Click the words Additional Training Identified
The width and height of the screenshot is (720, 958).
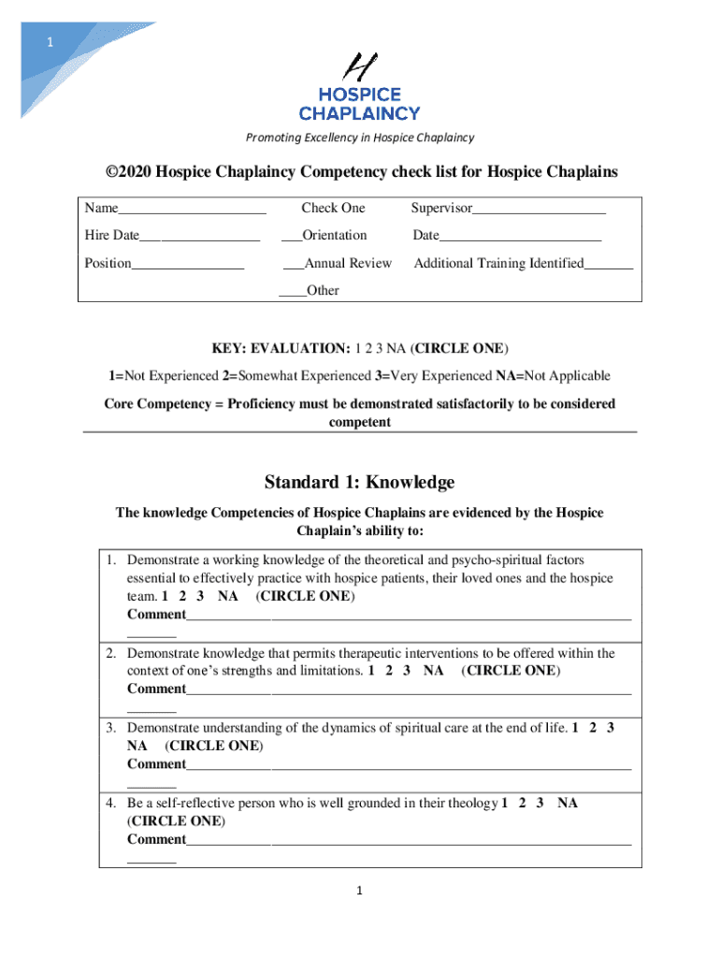[x=498, y=264]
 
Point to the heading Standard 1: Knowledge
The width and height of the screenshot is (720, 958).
[x=359, y=483]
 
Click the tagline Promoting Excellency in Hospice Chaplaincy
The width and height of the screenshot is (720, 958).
[x=359, y=138]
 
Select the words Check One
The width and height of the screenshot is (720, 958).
[x=333, y=208]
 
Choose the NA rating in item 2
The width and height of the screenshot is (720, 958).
[x=433, y=671]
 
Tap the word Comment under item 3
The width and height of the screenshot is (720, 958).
[x=156, y=764]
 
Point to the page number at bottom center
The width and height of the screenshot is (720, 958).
[x=359, y=891]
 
